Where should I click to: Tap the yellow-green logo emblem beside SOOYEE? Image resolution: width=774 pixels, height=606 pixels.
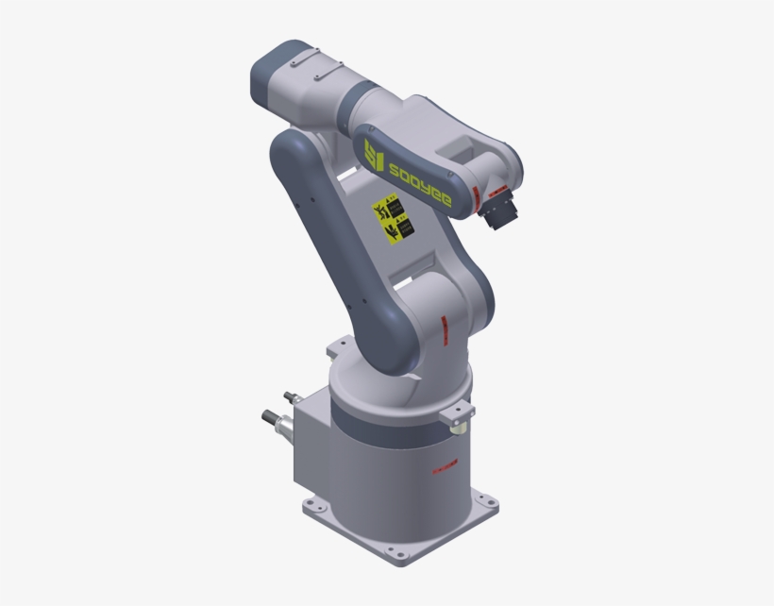click(x=373, y=154)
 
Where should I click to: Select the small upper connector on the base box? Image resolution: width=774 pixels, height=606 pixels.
click(x=287, y=398)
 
